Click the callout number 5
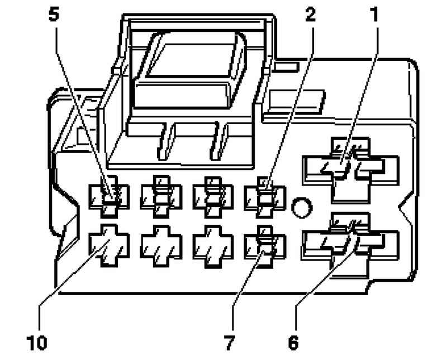point(54,15)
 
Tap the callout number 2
point(311,15)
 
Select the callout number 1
point(374,15)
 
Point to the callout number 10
point(37,342)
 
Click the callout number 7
point(229,342)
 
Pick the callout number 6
point(293,342)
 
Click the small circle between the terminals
point(302,207)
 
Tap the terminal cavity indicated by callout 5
point(109,197)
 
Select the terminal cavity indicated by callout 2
point(265,197)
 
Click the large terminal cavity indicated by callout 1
point(350,170)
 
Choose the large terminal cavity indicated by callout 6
point(350,245)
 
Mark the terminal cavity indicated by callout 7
point(265,247)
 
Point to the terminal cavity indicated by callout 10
point(109,246)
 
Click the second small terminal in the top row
point(161,197)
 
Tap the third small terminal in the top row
point(213,197)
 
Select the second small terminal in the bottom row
point(161,247)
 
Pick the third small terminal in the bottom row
point(213,247)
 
